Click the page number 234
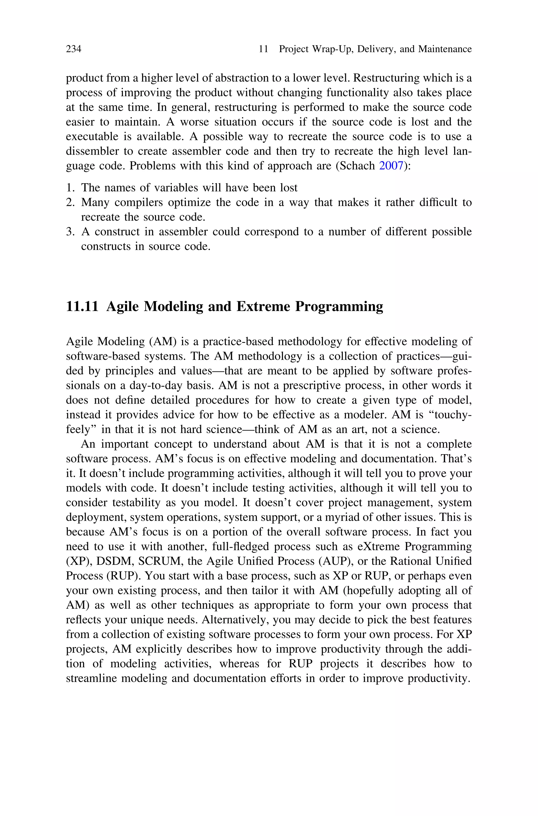[74, 49]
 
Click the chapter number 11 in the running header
[263, 49]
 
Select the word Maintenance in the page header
[445, 49]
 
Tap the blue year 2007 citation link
[391, 166]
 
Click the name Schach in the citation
[357, 166]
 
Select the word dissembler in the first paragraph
[87, 151]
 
